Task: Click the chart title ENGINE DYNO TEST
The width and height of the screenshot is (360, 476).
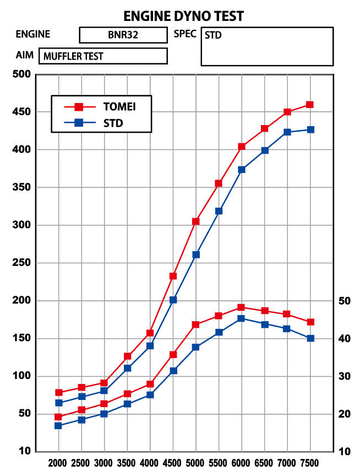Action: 183,15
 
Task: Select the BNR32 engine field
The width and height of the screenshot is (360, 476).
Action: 123,35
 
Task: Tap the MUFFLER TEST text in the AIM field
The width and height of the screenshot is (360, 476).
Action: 73,56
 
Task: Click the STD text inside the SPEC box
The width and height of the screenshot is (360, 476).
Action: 213,35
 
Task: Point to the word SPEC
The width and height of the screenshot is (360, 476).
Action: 185,34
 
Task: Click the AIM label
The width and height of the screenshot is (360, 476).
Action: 25,56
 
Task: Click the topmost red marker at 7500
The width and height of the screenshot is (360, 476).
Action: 310,105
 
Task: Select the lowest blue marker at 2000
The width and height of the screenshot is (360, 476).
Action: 58,426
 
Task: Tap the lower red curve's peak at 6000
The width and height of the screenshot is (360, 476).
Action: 241,307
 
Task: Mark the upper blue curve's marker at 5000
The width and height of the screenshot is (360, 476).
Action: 196,255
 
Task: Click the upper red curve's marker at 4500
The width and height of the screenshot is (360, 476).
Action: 173,276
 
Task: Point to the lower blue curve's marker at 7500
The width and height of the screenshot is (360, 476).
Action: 310,338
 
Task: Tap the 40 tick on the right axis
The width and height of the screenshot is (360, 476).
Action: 343,338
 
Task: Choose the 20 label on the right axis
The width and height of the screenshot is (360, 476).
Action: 343,414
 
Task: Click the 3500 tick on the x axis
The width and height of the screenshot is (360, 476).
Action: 127,463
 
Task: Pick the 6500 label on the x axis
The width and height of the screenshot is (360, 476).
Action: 264,463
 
